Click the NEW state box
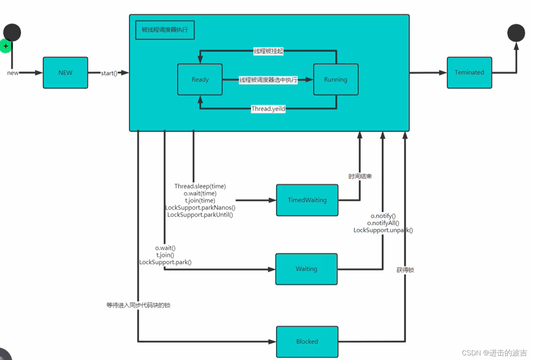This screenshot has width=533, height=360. point(65,73)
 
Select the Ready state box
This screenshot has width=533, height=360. point(200,79)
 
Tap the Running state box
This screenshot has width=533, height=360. point(336,79)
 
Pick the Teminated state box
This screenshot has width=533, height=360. point(469,73)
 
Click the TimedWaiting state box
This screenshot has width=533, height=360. point(307,200)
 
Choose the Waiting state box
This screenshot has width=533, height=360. point(306,269)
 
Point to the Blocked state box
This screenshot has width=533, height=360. point(307,342)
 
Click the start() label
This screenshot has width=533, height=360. point(109,73)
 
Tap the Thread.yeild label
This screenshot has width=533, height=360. point(268,109)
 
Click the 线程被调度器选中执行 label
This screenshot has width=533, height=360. point(268,80)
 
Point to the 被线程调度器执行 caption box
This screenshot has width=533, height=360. point(165,30)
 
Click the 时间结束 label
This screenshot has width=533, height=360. point(360,176)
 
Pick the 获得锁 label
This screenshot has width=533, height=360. point(405,270)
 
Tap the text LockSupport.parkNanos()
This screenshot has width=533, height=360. point(200,208)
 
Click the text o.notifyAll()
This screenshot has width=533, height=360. point(383,223)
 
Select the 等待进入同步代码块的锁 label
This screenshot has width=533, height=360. point(138,305)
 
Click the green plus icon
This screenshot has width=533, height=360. point(5,46)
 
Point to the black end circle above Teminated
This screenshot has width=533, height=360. point(516,33)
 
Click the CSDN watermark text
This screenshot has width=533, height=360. point(495,353)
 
